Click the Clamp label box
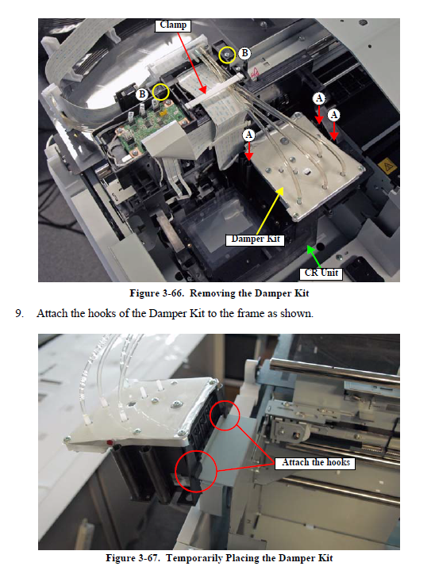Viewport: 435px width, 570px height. [x=173, y=25]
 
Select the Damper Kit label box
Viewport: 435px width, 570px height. [x=255, y=239]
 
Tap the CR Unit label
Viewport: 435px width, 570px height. [x=321, y=274]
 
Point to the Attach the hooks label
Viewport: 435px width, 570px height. [x=315, y=463]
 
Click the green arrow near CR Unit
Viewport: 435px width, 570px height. [x=314, y=257]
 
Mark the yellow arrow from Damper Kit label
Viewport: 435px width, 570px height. [x=270, y=211]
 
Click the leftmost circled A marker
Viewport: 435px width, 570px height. [x=249, y=136]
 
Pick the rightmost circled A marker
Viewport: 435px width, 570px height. [x=334, y=115]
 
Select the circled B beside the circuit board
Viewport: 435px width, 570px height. [x=142, y=94]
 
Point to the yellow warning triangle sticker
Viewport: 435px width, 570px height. [x=387, y=166]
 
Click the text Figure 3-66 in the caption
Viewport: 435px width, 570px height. [x=156, y=293]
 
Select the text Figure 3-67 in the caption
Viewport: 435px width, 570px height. [x=133, y=558]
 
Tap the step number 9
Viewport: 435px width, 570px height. [x=19, y=314]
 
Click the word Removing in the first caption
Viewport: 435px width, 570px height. [x=213, y=294]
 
